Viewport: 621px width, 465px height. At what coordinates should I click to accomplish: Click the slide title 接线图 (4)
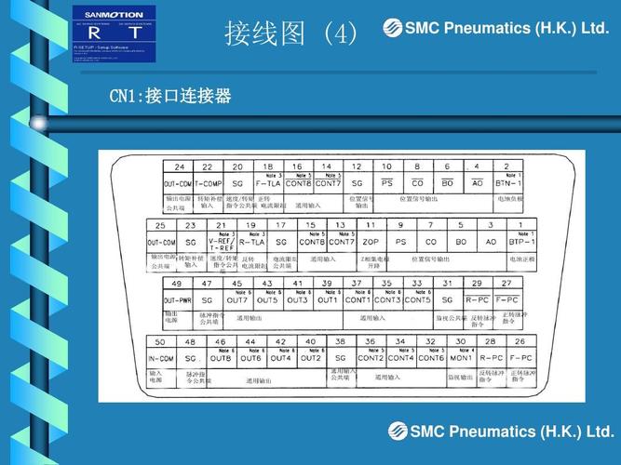[x=290, y=34]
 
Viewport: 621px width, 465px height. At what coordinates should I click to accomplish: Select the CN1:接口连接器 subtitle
[x=169, y=97]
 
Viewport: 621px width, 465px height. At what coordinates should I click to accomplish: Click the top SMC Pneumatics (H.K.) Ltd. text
[x=496, y=29]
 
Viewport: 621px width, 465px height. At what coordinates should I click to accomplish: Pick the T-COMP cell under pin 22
[x=208, y=184]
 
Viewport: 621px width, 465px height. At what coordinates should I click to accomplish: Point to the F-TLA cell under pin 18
[x=268, y=184]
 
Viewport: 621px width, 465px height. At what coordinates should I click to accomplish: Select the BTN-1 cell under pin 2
[x=507, y=184]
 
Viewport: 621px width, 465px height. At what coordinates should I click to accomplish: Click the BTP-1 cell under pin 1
[x=521, y=242]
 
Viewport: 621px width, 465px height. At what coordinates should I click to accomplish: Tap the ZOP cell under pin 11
[x=371, y=242]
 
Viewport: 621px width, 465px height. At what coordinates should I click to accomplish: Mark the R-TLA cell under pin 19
[x=251, y=242]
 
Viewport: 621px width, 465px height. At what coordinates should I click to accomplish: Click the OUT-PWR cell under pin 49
[x=177, y=300]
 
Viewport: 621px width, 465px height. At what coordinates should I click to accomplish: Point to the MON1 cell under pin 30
[x=461, y=358]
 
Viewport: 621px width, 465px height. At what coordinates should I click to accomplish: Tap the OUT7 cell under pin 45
[x=236, y=300]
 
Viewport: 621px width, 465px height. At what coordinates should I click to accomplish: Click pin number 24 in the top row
[x=179, y=167]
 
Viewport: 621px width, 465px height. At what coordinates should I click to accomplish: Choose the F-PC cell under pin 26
[x=520, y=358]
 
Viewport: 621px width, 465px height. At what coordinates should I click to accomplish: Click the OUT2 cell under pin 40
[x=310, y=358]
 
